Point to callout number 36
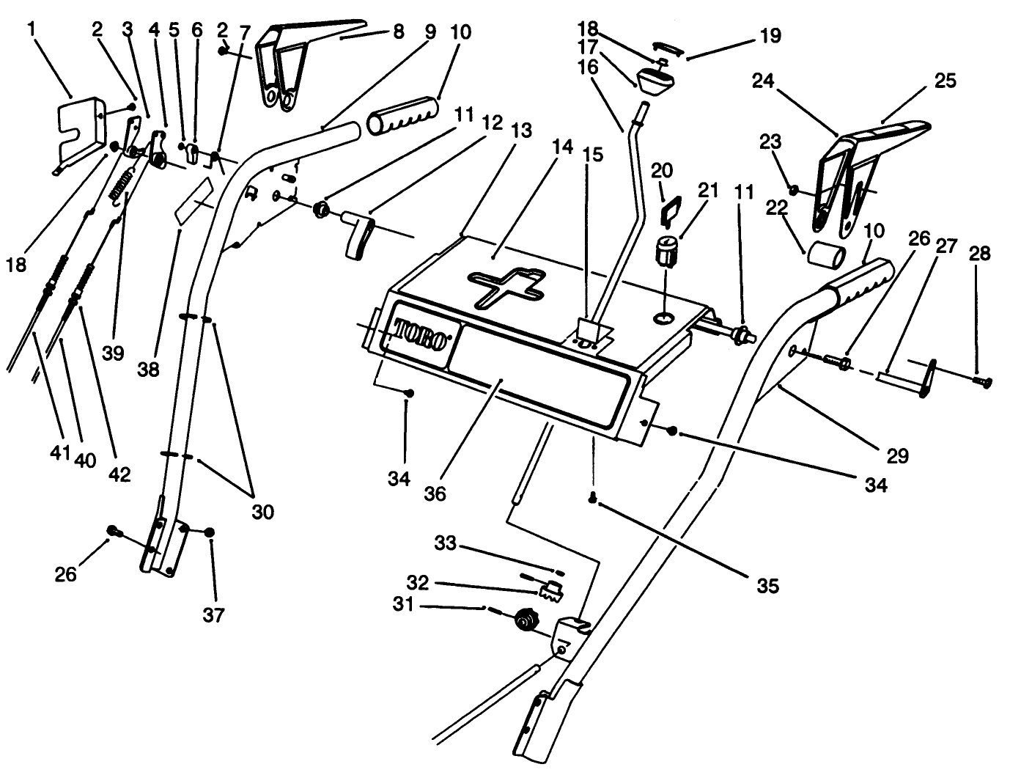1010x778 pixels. (x=435, y=493)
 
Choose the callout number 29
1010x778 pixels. (x=897, y=455)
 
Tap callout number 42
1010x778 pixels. (x=119, y=474)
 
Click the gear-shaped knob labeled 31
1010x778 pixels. (x=524, y=621)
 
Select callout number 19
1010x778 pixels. (x=770, y=35)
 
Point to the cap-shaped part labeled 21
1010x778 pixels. (x=666, y=253)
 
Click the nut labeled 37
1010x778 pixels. (x=210, y=532)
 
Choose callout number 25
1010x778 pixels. (x=946, y=80)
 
